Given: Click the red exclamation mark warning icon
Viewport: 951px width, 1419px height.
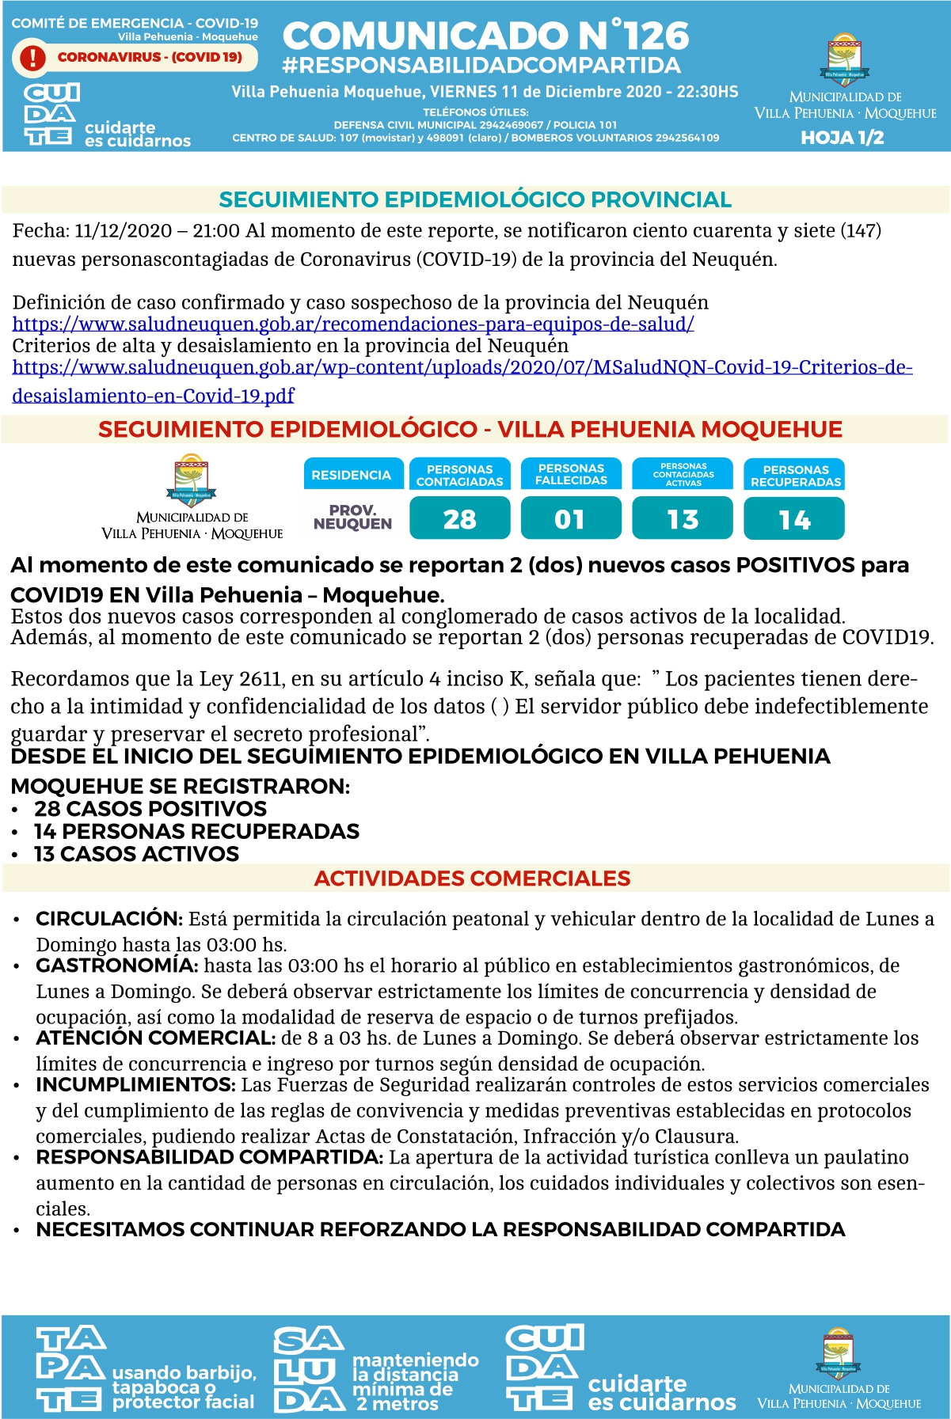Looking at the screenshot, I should point(32,58).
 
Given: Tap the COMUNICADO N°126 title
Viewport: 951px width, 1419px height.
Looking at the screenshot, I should point(485,36).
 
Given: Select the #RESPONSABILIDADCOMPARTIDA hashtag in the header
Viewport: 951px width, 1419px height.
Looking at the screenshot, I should point(481,66).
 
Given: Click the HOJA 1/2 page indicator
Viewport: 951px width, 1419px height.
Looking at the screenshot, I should point(843,138).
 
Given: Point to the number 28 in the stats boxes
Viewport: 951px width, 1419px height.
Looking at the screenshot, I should point(459,519).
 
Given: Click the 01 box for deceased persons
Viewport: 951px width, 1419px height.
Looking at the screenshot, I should point(570,519).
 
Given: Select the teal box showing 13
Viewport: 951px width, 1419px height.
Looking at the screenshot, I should point(683,519).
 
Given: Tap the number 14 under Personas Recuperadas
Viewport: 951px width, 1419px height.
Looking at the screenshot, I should point(794,519).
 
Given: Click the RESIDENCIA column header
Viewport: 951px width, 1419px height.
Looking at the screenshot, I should point(352,475).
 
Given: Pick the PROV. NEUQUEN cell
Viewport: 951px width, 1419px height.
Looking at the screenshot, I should point(352,518).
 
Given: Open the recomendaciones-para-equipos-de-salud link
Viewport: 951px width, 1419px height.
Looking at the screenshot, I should point(353,324).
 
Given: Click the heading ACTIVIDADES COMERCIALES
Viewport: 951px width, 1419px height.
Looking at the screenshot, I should point(472,878).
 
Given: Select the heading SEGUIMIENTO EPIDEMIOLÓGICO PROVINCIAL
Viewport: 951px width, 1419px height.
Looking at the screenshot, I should point(475,199).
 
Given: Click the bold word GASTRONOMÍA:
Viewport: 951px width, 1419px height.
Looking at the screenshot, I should point(116,966).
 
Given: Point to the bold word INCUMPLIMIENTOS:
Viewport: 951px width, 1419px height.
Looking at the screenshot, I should point(135,1085).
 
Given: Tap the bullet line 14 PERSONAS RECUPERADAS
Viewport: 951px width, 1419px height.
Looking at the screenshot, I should point(196,831).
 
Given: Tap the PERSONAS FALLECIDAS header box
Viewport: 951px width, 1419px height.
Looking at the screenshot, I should point(571,474).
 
